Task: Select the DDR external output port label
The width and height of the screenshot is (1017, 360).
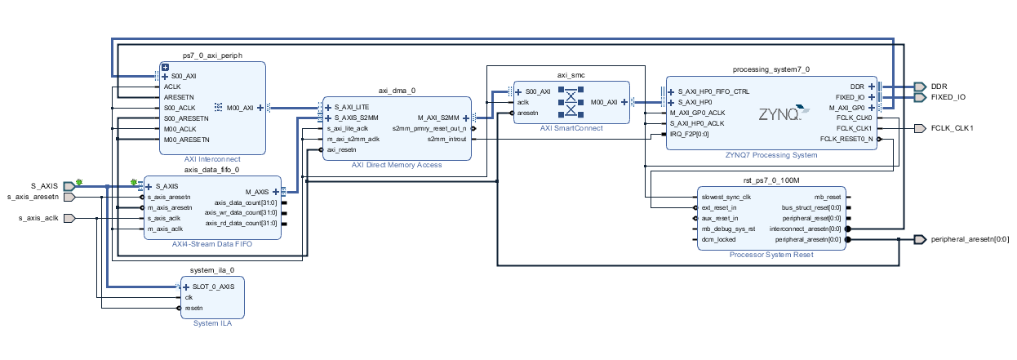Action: tap(939, 86)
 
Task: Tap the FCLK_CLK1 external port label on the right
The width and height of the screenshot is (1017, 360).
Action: tap(953, 129)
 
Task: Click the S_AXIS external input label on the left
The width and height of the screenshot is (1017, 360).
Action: tap(44, 186)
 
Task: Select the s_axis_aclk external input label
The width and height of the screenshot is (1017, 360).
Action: tap(38, 218)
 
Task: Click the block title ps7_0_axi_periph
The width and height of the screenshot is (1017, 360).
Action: tap(212, 55)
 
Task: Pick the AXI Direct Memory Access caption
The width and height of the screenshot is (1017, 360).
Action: tap(397, 165)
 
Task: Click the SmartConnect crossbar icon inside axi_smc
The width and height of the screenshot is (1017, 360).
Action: tap(571, 102)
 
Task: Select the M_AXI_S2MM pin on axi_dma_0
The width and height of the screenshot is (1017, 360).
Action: tap(438, 118)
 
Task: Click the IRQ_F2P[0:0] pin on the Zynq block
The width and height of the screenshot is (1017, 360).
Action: tap(691, 134)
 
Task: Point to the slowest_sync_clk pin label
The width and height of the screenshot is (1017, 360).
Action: tap(725, 197)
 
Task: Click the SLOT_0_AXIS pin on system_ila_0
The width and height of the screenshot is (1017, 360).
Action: tap(213, 287)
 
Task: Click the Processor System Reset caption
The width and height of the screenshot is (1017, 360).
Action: tap(771, 254)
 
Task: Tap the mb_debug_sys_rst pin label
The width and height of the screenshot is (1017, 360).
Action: tap(727, 229)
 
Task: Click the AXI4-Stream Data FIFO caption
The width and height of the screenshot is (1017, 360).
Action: tap(212, 243)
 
